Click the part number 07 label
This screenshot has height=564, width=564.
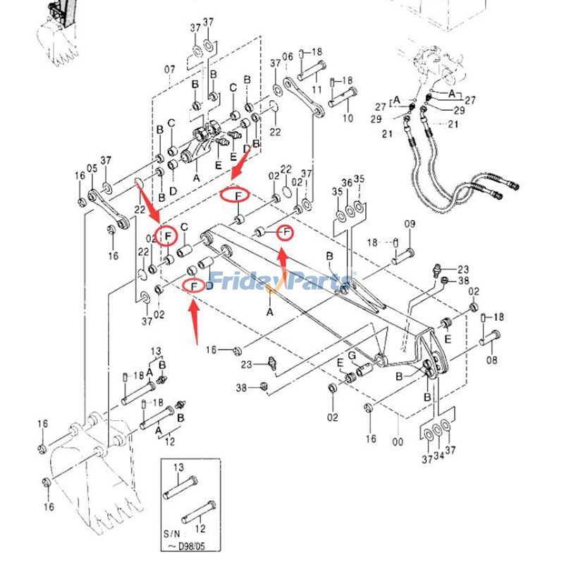pos(170,69)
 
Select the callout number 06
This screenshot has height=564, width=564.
pos(288,56)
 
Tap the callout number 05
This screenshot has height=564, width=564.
pos(92,169)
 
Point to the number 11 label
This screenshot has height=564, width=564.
pos(317,90)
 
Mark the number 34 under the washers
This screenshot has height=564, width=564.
pos(438,460)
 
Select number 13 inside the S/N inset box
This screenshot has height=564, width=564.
pos(178,468)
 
